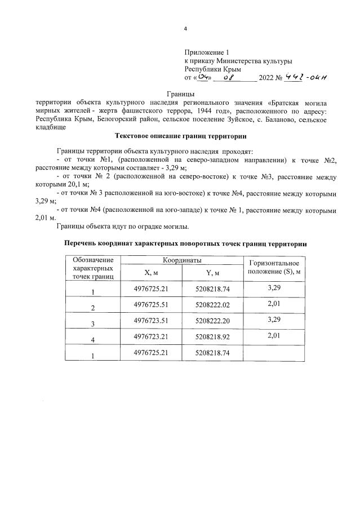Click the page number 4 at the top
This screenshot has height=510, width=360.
(185, 29)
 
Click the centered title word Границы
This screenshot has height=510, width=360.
(180, 94)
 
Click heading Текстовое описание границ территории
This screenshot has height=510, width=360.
(180, 136)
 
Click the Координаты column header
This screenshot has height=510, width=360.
(182, 261)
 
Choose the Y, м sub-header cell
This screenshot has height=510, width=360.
(212, 273)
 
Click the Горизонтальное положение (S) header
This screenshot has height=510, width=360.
(273, 268)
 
